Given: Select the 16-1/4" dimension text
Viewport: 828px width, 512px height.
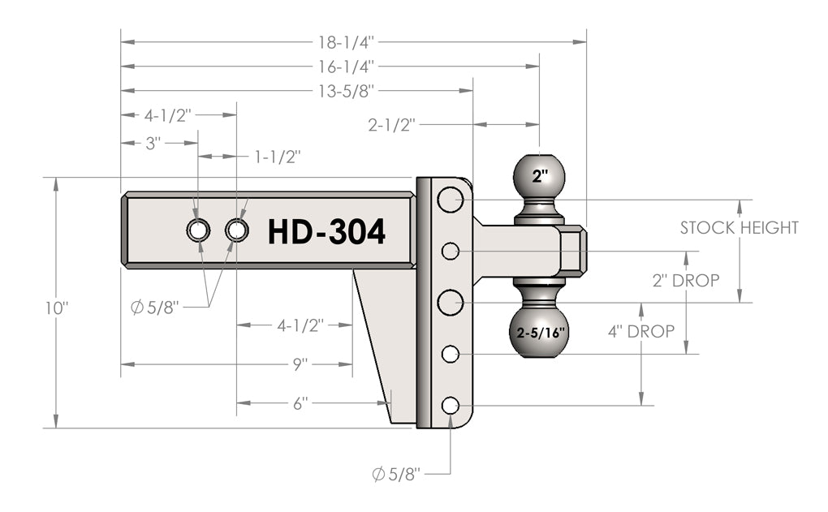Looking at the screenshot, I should click(x=347, y=65).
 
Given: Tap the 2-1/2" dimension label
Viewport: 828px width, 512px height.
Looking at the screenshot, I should click(x=392, y=125).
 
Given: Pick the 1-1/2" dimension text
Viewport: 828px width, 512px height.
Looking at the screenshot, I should click(x=278, y=156).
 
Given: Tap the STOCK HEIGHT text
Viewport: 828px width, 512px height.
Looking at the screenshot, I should click(x=739, y=228).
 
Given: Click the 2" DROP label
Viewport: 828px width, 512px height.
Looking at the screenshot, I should click(x=686, y=281).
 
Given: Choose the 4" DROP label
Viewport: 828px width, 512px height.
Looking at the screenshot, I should click(x=641, y=331).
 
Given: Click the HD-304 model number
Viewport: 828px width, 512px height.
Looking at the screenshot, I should click(x=326, y=232).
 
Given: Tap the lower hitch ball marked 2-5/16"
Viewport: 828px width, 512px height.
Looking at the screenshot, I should click(x=540, y=332).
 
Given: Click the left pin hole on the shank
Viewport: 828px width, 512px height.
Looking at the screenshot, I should click(x=197, y=230).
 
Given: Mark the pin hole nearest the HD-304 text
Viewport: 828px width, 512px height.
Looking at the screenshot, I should click(x=237, y=230).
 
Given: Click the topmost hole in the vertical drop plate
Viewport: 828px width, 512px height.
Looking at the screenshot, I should click(x=450, y=199).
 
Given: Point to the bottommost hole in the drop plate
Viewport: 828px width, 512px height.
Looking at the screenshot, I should click(x=450, y=405).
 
